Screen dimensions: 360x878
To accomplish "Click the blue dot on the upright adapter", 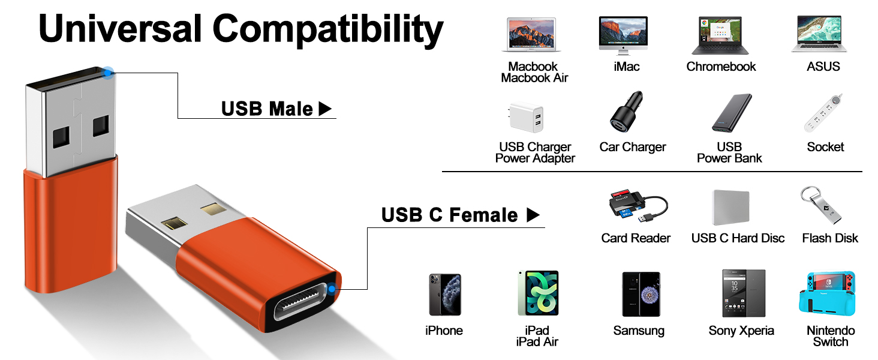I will [108, 73].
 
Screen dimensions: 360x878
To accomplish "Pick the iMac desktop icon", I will [623, 35].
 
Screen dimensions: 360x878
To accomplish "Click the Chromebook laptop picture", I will [720, 35].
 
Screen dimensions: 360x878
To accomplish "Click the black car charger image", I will [626, 114].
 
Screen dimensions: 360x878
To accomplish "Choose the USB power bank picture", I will [732, 114].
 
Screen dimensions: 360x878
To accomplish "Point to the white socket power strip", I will [823, 113].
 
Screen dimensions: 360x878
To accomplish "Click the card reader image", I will [635, 208].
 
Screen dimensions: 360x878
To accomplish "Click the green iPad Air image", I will [538, 293].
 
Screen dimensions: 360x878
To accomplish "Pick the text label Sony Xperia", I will [741, 331].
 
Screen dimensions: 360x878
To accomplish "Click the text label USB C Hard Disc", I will [738, 238].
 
